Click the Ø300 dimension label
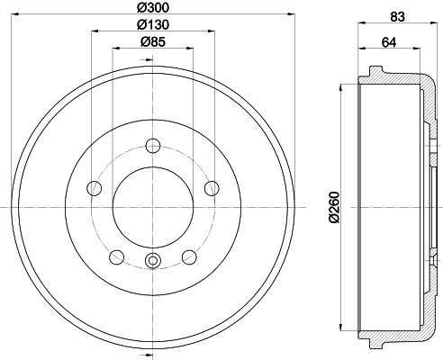click(x=152, y=8)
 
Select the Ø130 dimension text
click(x=152, y=24)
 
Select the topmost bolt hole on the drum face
click(x=152, y=146)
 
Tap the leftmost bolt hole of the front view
click(x=94, y=188)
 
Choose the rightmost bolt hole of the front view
click(x=212, y=187)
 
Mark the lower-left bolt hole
click(x=116, y=256)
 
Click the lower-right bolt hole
click(x=189, y=256)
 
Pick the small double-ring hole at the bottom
click(x=152, y=262)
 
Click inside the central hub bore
click(x=152, y=208)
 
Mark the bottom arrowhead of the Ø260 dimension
click(x=342, y=327)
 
